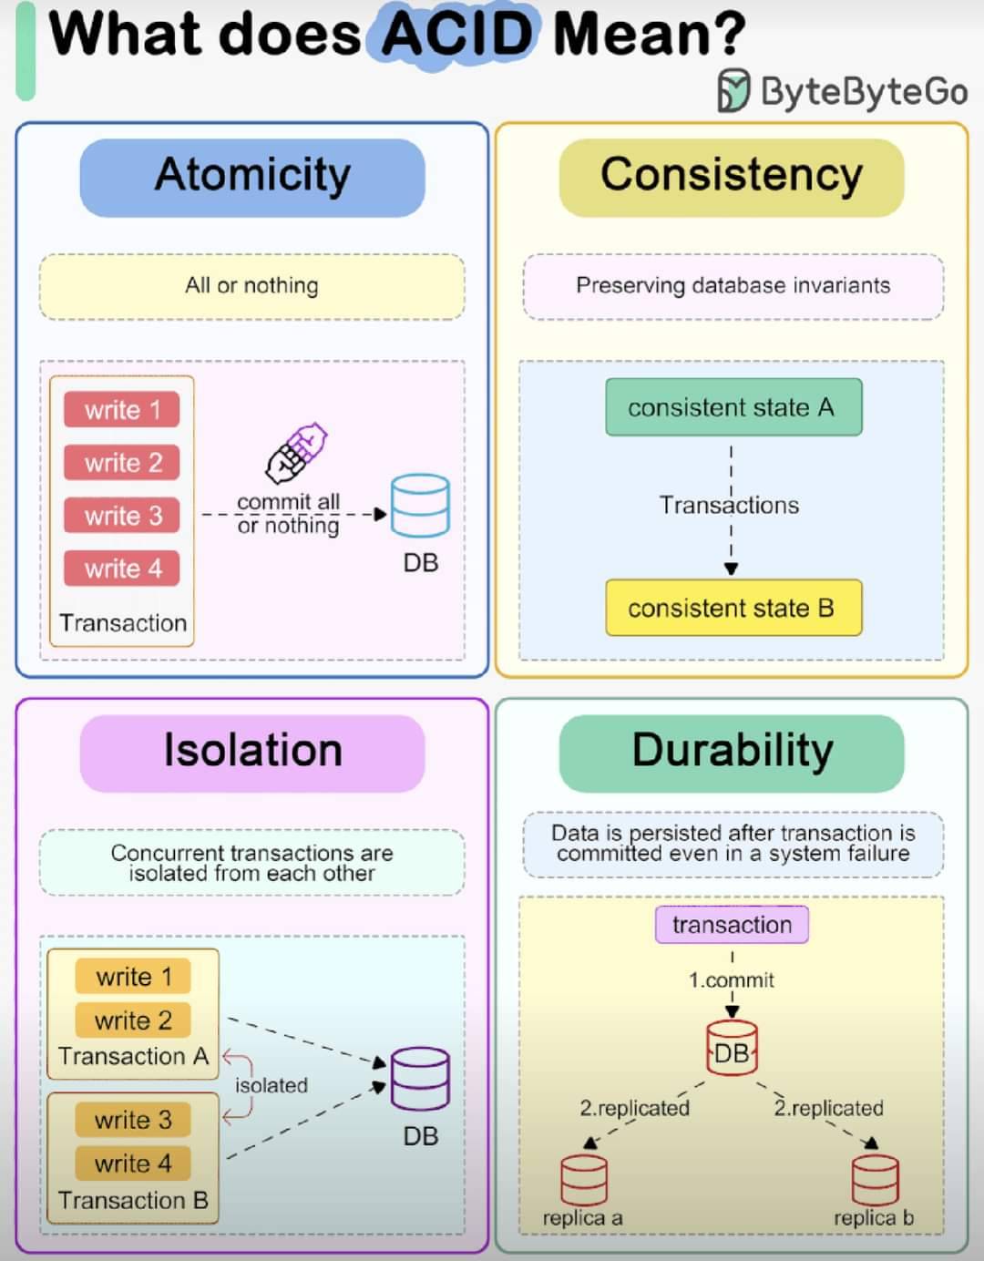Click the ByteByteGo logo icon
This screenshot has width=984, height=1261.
point(734,90)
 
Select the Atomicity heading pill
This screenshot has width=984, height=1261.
point(252,178)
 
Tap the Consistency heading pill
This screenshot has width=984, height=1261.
point(732,178)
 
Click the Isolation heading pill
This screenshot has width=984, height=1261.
point(252,754)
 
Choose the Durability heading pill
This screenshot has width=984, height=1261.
point(732,754)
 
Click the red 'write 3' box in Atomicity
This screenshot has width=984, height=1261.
point(122,516)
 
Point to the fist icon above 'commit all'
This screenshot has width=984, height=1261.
point(296,453)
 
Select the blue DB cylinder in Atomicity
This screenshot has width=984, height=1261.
point(420,505)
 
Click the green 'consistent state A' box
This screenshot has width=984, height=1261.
point(733,406)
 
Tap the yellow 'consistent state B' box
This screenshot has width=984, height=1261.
point(733,608)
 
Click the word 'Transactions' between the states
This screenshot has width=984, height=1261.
point(729,505)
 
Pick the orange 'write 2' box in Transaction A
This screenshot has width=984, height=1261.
point(133,1020)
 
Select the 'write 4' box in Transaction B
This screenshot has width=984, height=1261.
point(133,1164)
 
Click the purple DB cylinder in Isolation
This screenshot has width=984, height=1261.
point(420,1078)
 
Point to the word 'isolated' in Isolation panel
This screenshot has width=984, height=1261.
point(272,1085)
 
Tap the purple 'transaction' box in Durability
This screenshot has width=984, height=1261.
point(732,925)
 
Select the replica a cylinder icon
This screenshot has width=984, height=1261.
point(584,1180)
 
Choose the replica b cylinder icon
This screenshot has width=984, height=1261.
point(875,1180)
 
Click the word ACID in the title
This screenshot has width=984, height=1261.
point(457,34)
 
